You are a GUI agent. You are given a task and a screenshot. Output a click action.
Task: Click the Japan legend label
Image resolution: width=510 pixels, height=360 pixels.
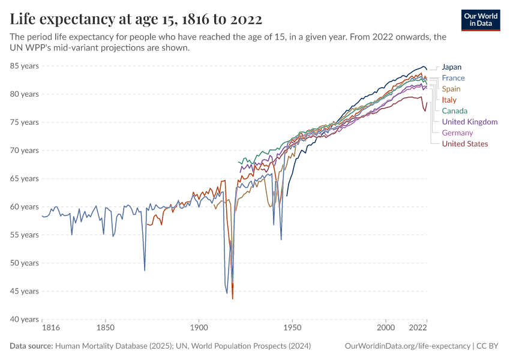tap(451, 67)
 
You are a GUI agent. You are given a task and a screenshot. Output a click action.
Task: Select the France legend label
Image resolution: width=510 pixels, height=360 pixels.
tap(453, 78)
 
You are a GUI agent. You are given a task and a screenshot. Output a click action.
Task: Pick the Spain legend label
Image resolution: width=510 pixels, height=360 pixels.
tap(451, 89)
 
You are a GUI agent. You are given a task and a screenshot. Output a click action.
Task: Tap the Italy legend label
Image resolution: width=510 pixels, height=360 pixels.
tap(449, 100)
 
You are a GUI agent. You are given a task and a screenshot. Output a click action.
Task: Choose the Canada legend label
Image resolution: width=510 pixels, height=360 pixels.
tap(454, 111)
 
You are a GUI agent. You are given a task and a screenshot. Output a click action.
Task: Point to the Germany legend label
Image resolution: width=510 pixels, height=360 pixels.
tap(457, 133)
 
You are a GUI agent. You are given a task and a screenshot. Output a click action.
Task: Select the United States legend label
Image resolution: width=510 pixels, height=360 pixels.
tap(464, 143)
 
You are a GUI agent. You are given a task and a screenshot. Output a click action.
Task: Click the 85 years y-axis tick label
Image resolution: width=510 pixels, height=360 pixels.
tap(24, 66)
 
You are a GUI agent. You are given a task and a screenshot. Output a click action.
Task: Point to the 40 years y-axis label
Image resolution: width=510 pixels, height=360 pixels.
tap(24, 319)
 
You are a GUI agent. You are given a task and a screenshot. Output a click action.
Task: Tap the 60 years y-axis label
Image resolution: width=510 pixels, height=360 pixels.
tap(24, 207)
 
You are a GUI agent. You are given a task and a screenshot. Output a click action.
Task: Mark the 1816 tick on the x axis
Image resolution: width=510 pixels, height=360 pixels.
tap(50, 328)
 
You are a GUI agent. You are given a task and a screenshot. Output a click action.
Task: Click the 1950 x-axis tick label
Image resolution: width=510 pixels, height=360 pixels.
tap(292, 328)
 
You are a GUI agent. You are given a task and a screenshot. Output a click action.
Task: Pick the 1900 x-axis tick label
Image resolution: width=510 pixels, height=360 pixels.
tap(199, 328)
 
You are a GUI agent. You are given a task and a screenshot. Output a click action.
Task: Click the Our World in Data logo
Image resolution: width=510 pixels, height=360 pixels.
tap(481, 20)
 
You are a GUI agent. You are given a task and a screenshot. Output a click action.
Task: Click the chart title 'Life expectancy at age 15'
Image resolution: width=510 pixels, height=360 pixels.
tap(136, 19)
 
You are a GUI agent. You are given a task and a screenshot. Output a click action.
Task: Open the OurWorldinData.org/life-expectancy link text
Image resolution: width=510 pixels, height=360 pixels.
tap(408, 346)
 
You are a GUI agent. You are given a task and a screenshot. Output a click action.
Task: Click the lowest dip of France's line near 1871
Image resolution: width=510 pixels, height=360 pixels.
tap(145, 270)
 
